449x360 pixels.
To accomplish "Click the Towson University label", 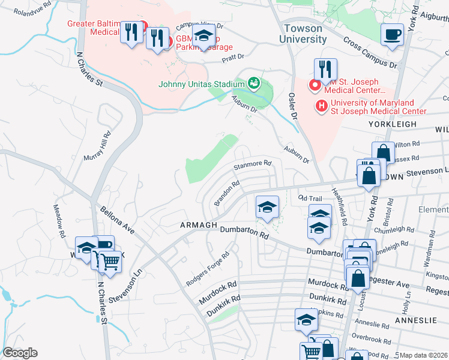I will tap(303, 34).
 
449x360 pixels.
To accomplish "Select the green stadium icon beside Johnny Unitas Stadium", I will tap(254, 82).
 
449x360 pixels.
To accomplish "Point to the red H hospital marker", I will tap(322, 106).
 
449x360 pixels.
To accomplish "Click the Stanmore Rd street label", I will tap(253, 163).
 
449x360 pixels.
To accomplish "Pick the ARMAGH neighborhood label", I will tap(198, 225).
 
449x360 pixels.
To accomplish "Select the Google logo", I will tap(20, 353).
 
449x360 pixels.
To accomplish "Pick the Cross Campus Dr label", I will tap(370, 53).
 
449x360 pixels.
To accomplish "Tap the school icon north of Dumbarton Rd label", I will tap(267, 208).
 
